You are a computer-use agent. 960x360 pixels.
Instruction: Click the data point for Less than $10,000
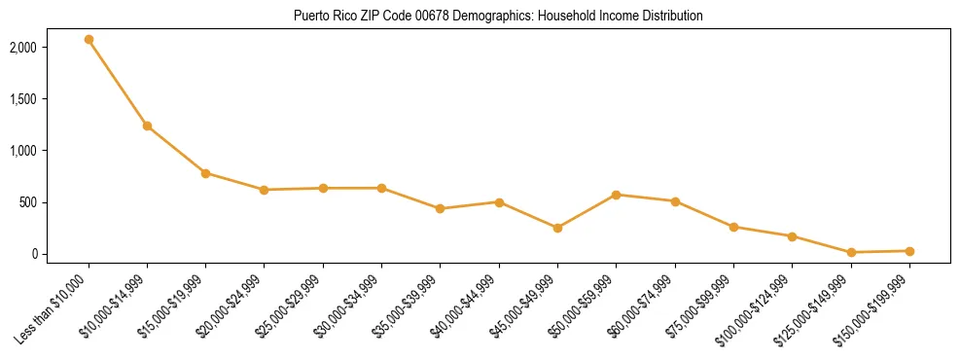[x=89, y=40]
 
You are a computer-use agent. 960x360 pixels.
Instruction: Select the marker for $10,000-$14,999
[x=147, y=126]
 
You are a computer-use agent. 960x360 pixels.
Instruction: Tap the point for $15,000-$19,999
[x=205, y=173]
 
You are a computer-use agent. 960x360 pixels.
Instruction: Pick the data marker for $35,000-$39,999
[x=441, y=208]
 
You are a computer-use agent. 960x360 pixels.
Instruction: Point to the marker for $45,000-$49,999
[x=557, y=228]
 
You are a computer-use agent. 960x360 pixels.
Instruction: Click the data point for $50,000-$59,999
[x=616, y=195]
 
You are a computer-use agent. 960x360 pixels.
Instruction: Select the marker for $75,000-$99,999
[x=733, y=227]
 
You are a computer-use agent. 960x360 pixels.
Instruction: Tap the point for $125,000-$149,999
[x=851, y=252]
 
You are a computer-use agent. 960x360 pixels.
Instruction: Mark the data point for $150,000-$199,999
[x=909, y=251]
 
